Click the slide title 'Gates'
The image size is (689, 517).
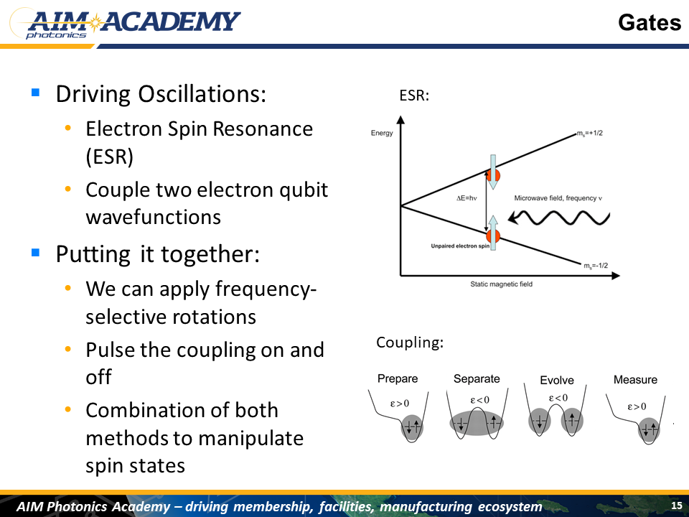(x=649, y=22)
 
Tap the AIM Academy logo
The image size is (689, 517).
(x=125, y=24)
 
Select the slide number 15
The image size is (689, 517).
(x=677, y=505)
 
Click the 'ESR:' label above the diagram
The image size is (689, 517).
(x=414, y=96)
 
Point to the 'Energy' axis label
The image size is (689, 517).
(x=382, y=133)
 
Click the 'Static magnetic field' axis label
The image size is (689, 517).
(x=502, y=284)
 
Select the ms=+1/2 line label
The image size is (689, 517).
(x=590, y=133)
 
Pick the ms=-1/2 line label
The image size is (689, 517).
(x=596, y=266)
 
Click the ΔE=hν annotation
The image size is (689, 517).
(x=467, y=198)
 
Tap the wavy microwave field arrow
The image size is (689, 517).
(x=559, y=217)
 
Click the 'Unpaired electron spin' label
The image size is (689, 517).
(x=460, y=246)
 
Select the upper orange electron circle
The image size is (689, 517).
(x=493, y=175)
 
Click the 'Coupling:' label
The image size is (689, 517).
(x=410, y=342)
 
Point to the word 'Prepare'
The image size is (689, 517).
(x=398, y=378)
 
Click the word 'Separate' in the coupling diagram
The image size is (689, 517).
(x=477, y=378)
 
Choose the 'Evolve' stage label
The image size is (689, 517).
(x=557, y=380)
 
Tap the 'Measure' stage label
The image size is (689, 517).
(x=635, y=379)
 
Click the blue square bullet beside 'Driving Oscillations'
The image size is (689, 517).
(x=36, y=93)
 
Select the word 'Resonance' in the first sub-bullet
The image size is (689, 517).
(x=263, y=129)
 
